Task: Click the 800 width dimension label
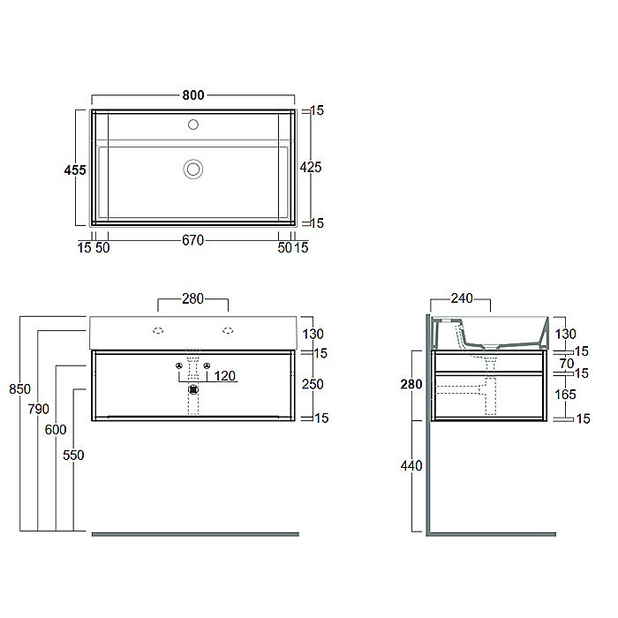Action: pyautogui.click(x=193, y=95)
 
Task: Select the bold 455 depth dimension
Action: pyautogui.click(x=75, y=170)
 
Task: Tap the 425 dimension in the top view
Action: pyautogui.click(x=311, y=167)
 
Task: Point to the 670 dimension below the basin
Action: pyautogui.click(x=192, y=240)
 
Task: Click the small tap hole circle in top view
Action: pyautogui.click(x=193, y=124)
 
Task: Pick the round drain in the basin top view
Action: pyautogui.click(x=193, y=170)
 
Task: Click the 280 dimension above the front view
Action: pyautogui.click(x=192, y=298)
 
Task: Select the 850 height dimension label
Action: pyautogui.click(x=19, y=389)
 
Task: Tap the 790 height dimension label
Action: pyautogui.click(x=38, y=409)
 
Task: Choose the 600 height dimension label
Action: pyautogui.click(x=56, y=430)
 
